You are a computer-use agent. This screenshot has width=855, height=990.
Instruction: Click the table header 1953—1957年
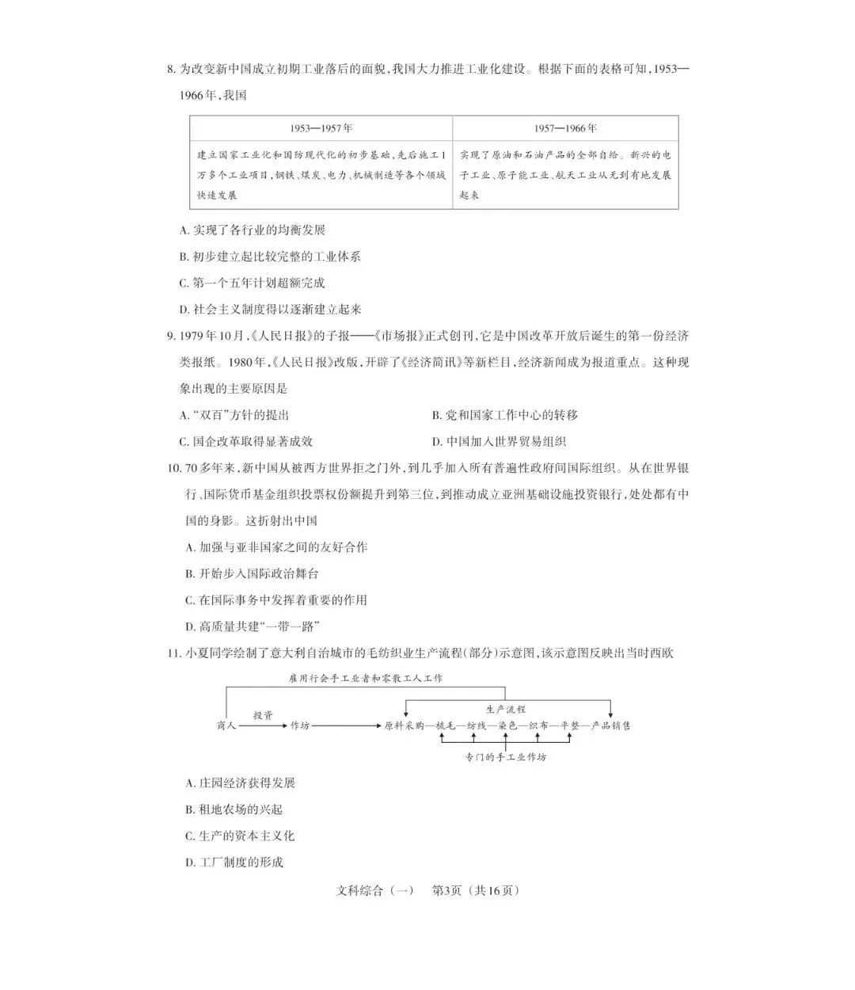[x=321, y=128]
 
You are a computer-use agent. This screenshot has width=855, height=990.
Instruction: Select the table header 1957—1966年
[x=565, y=128]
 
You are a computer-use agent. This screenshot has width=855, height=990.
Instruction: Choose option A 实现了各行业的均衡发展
[x=253, y=230]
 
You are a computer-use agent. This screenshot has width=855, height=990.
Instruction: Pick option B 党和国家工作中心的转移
[x=504, y=415]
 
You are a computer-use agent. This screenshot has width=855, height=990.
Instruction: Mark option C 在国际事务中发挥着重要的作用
[x=276, y=600]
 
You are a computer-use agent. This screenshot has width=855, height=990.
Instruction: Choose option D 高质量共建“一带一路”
[x=253, y=626]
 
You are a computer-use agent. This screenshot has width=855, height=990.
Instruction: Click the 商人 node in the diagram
[x=226, y=725]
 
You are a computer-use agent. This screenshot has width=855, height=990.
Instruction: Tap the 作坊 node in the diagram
[x=300, y=725]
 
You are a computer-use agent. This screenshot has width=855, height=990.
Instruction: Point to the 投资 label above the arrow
[x=263, y=714]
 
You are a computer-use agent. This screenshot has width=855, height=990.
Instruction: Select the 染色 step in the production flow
[x=506, y=725]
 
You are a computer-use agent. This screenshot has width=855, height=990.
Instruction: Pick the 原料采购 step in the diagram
[x=404, y=725]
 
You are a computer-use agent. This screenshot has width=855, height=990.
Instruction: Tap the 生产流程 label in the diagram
[x=506, y=709]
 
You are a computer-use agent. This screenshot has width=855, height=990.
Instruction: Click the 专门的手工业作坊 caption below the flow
[x=506, y=757]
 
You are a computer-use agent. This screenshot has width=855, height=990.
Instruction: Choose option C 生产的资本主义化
[x=240, y=836]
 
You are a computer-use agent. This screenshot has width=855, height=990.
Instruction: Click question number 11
[x=173, y=653]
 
